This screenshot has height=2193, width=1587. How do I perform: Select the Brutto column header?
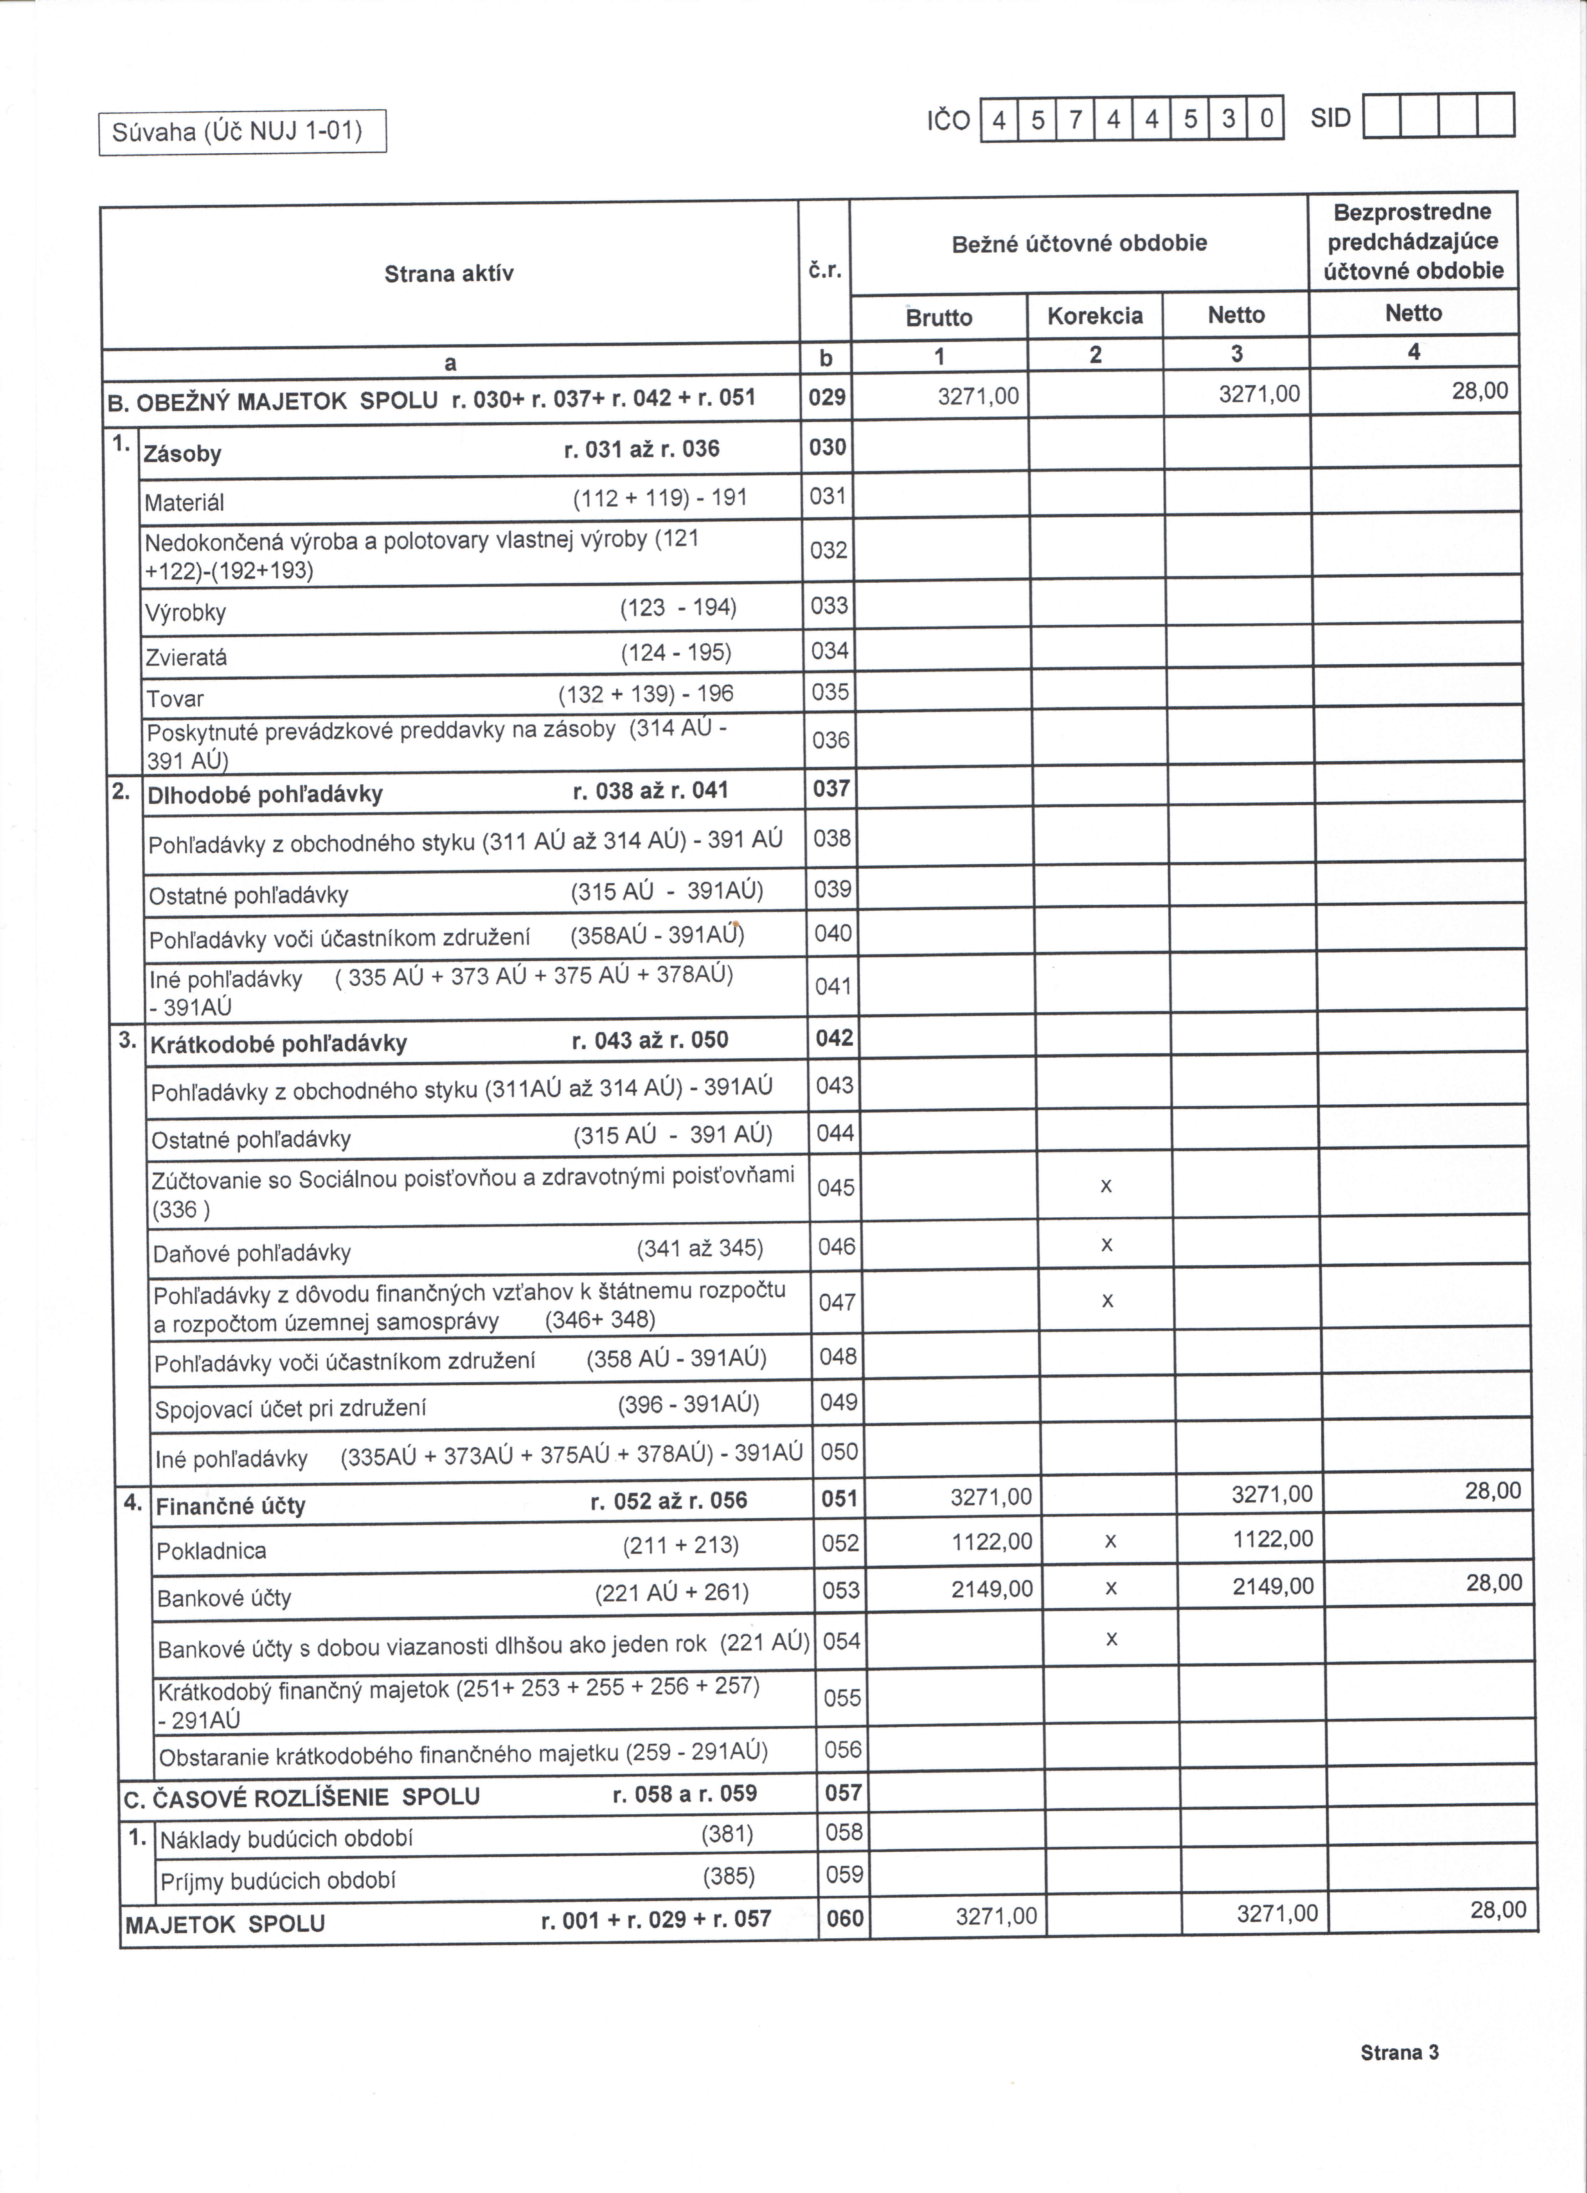tap(938, 317)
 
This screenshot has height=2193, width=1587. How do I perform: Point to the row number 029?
tap(827, 396)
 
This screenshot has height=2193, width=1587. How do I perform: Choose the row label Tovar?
tap(175, 698)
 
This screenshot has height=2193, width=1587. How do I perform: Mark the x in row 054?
tap(1111, 1639)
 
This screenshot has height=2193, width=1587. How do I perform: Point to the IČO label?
tap(948, 121)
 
